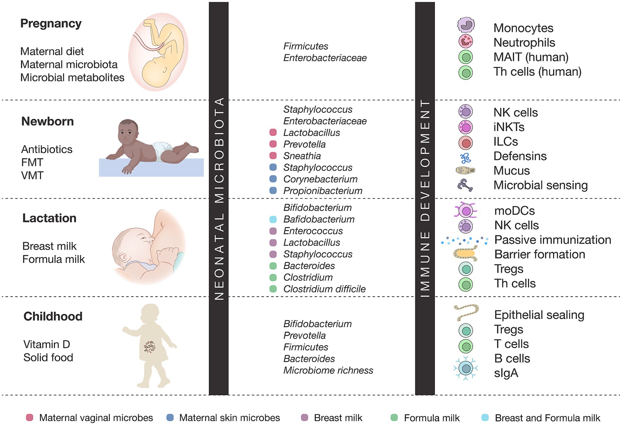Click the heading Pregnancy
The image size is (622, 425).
click(51, 24)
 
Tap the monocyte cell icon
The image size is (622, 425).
click(466, 25)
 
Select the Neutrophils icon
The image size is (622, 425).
click(466, 41)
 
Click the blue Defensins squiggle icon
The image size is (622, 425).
click(465, 159)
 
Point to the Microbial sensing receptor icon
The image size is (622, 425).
click(465, 185)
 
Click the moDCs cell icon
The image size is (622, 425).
click(466, 211)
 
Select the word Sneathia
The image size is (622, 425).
click(302, 156)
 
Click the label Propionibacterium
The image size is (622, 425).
click(323, 191)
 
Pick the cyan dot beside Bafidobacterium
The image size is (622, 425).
click(273, 219)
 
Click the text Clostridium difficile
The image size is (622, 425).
click(324, 289)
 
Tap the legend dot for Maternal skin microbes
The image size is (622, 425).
click(170, 417)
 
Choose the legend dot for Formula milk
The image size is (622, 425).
click(394, 417)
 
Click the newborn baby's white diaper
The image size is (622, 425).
click(162, 151)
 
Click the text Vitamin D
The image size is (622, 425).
click(47, 344)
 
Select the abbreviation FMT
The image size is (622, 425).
click(32, 162)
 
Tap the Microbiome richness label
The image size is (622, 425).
click(328, 370)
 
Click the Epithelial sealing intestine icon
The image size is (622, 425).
click(466, 312)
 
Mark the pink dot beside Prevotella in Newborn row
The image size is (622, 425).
click(273, 144)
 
